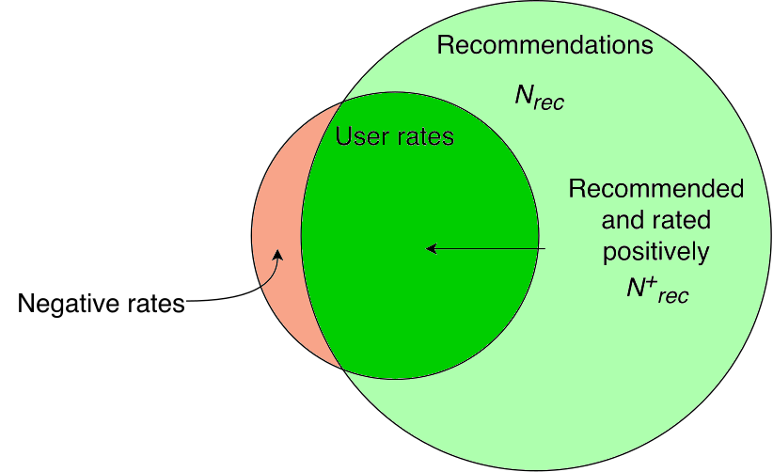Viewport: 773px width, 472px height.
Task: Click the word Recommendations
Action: click(544, 45)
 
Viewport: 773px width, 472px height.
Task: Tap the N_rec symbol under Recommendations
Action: click(539, 99)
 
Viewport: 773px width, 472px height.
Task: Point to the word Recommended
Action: click(655, 189)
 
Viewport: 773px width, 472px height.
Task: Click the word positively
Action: click(655, 252)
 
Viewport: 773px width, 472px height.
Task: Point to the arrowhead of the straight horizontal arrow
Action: click(431, 249)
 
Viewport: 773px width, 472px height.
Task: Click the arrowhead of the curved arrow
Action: click(277, 254)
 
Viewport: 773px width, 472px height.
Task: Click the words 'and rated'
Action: click(655, 221)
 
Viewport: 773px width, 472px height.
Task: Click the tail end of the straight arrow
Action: click(544, 249)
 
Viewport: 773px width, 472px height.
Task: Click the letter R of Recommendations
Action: click(446, 45)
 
